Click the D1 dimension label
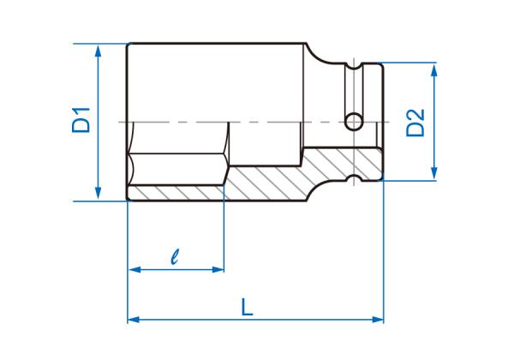click(x=81, y=121)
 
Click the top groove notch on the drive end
click(x=353, y=63)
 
